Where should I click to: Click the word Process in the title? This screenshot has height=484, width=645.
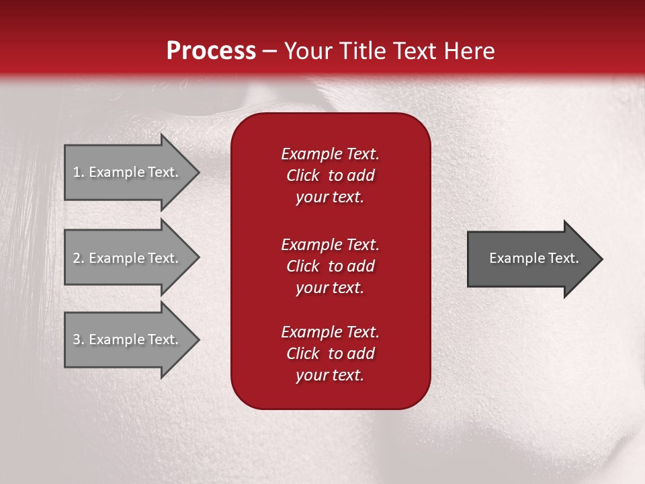tap(211, 51)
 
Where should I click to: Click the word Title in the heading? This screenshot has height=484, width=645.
tap(361, 51)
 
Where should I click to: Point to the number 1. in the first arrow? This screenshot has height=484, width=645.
tap(78, 172)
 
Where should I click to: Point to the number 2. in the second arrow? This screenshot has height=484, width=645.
tap(78, 258)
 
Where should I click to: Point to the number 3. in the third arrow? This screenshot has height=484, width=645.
tap(78, 339)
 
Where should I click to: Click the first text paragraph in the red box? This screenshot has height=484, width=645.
tap(330, 175)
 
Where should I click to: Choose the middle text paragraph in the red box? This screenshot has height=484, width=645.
tap(330, 266)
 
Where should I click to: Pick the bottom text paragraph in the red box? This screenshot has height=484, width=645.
tap(330, 354)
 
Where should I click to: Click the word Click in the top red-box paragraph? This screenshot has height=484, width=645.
tap(302, 175)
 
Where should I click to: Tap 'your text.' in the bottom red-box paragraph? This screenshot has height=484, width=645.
tap(330, 375)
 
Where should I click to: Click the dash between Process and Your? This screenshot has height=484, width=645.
tap(270, 51)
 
